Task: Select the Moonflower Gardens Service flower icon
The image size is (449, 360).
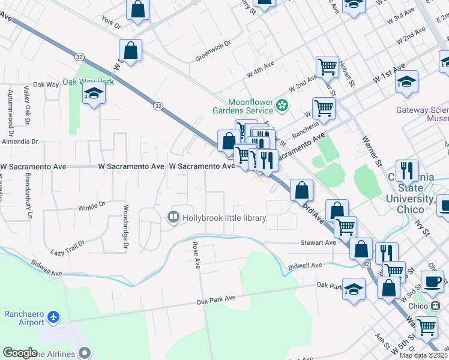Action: click(x=282, y=106)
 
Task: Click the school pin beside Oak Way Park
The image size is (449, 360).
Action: click(x=94, y=93)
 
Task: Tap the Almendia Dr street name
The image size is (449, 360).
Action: click(x=19, y=142)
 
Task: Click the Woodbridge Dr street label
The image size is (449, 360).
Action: click(x=126, y=229)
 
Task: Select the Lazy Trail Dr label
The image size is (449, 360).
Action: click(x=68, y=247)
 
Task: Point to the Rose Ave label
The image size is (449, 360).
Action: click(x=195, y=255)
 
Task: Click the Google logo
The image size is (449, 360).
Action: click(x=20, y=353)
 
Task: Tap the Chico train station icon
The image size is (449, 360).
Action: click(x=434, y=305)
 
